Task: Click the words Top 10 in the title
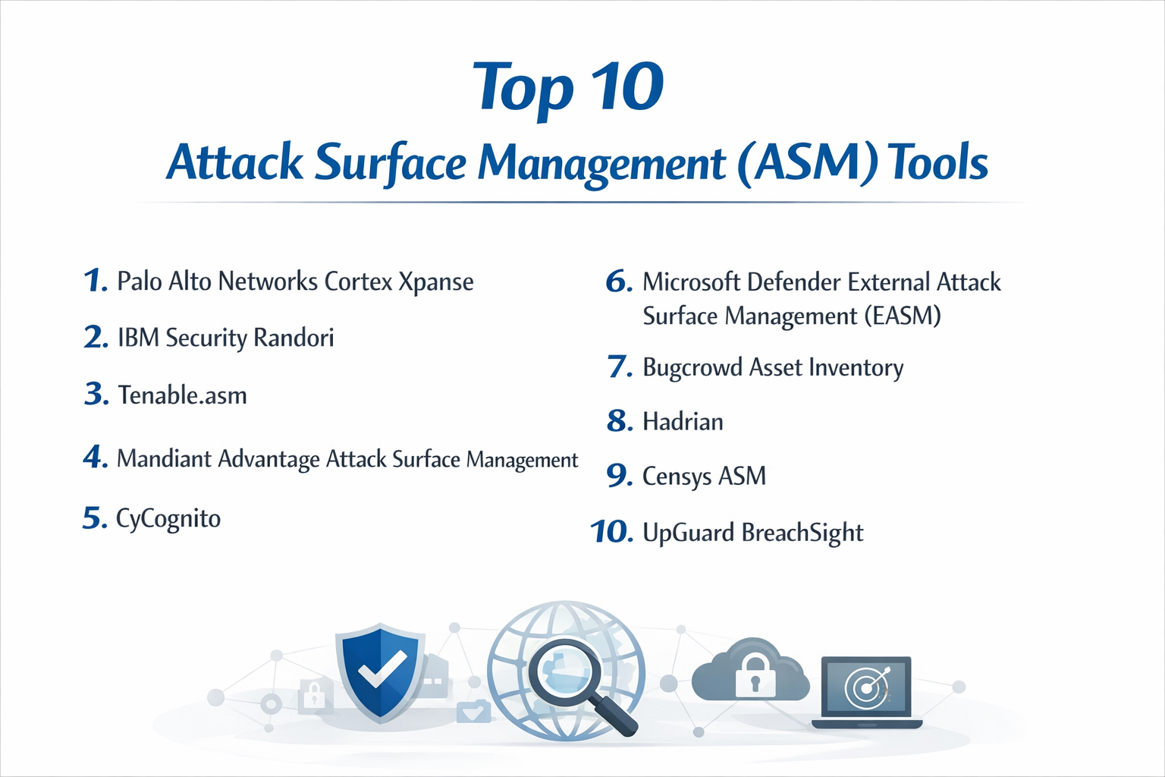[x=568, y=87]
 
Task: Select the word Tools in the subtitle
[x=938, y=162]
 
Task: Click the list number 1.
[x=94, y=281]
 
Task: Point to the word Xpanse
[x=436, y=282]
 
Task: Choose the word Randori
[x=294, y=338]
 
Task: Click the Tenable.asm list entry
[x=182, y=395]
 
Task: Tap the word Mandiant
[x=165, y=459]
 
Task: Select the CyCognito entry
[x=168, y=519]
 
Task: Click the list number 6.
[x=618, y=282]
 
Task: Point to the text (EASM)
[x=903, y=316]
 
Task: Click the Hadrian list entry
[x=683, y=422]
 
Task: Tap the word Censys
[x=677, y=477]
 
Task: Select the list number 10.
[x=611, y=532]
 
